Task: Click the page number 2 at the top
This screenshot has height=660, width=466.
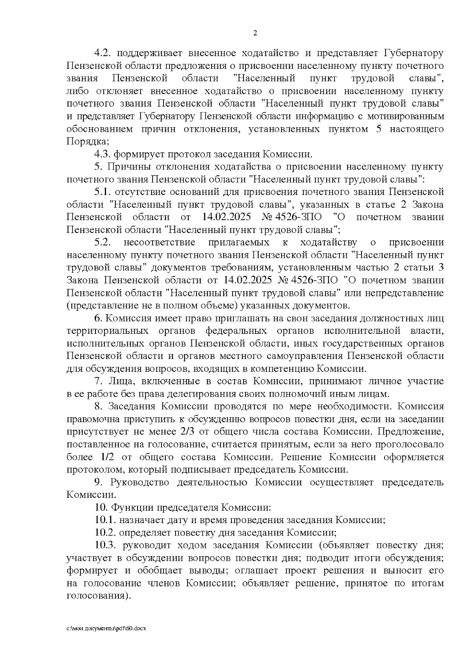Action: point(255,33)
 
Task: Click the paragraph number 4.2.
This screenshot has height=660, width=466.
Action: point(103,53)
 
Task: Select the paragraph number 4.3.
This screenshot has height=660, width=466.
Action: point(103,154)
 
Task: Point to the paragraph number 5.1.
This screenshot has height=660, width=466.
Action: point(103,192)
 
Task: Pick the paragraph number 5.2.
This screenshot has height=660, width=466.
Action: point(103,243)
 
